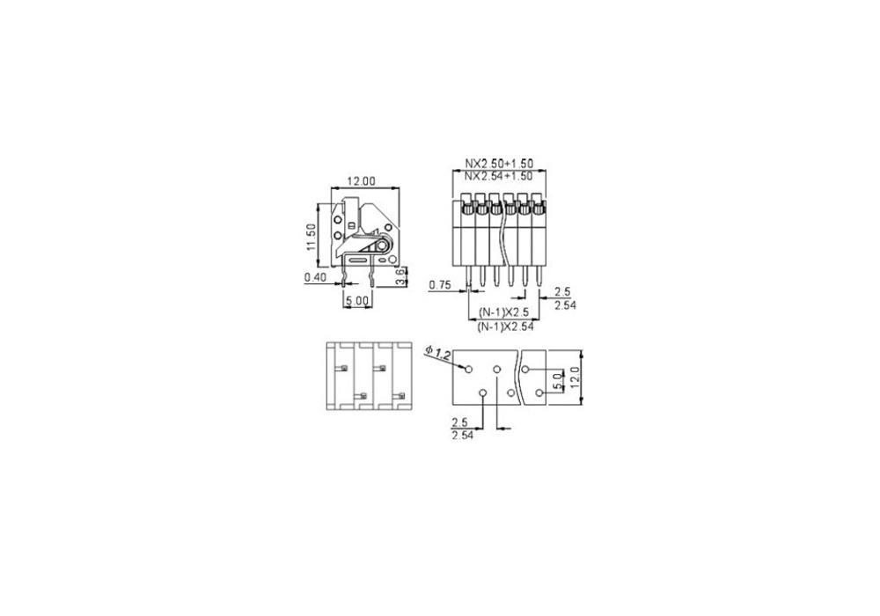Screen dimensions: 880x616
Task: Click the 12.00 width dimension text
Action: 361,181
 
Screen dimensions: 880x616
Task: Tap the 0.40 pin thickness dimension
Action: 315,277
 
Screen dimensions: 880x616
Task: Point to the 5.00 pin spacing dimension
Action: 357,301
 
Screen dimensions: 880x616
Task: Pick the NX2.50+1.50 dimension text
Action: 499,164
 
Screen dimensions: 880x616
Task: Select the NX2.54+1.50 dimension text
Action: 499,176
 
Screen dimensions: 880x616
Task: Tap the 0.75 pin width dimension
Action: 440,285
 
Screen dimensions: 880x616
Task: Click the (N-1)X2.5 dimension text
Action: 503,312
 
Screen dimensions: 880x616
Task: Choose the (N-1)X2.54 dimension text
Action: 505,326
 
